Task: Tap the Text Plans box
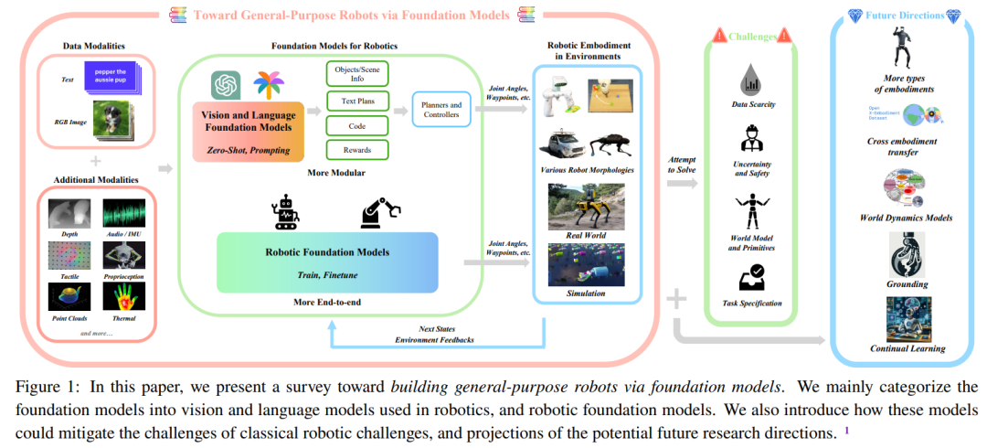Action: pyautogui.click(x=356, y=100)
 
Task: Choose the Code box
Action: pyautogui.click(x=356, y=126)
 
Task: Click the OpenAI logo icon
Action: pyautogui.click(x=225, y=85)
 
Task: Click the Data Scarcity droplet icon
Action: pyautogui.click(x=754, y=80)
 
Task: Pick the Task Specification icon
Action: pyautogui.click(x=754, y=277)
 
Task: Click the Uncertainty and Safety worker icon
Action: pyautogui.click(x=754, y=143)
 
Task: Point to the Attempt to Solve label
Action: pyautogui.click(x=682, y=165)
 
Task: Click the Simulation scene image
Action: pyautogui.click(x=587, y=264)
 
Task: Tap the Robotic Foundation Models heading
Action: pyautogui.click(x=326, y=252)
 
